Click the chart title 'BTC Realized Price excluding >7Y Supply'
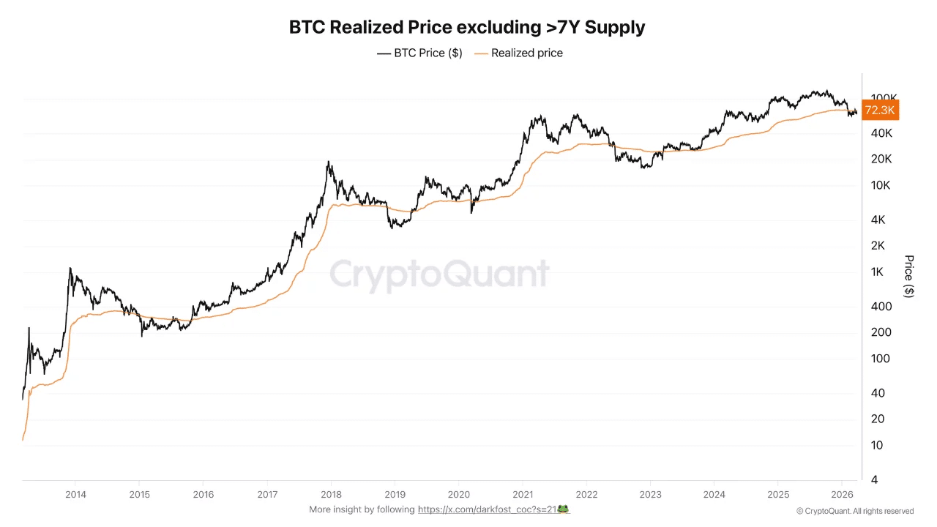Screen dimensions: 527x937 (x=467, y=28)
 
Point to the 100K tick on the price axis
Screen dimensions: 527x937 (x=884, y=98)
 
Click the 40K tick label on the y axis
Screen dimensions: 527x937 (x=881, y=133)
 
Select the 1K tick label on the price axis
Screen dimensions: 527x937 (x=877, y=272)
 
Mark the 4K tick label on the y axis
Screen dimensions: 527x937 (x=877, y=220)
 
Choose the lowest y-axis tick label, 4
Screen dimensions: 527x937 (x=875, y=479)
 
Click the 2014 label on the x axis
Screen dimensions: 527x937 (x=76, y=494)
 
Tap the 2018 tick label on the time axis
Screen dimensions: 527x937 (x=332, y=494)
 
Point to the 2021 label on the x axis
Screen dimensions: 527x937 (x=523, y=494)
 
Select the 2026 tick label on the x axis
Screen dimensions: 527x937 (x=842, y=494)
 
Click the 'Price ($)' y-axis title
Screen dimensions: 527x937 (x=908, y=276)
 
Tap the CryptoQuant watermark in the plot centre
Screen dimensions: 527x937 (x=439, y=274)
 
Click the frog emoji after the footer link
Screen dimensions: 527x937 (x=564, y=509)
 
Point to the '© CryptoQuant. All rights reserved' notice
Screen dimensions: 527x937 (x=854, y=511)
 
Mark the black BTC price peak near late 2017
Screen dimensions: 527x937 (x=329, y=162)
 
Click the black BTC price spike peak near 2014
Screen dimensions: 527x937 (x=70, y=268)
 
